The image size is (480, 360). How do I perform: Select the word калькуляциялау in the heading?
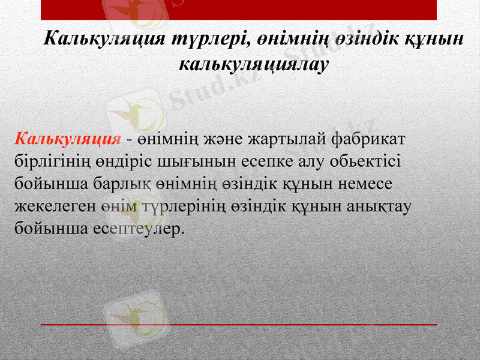pyautogui.click(x=254, y=64)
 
